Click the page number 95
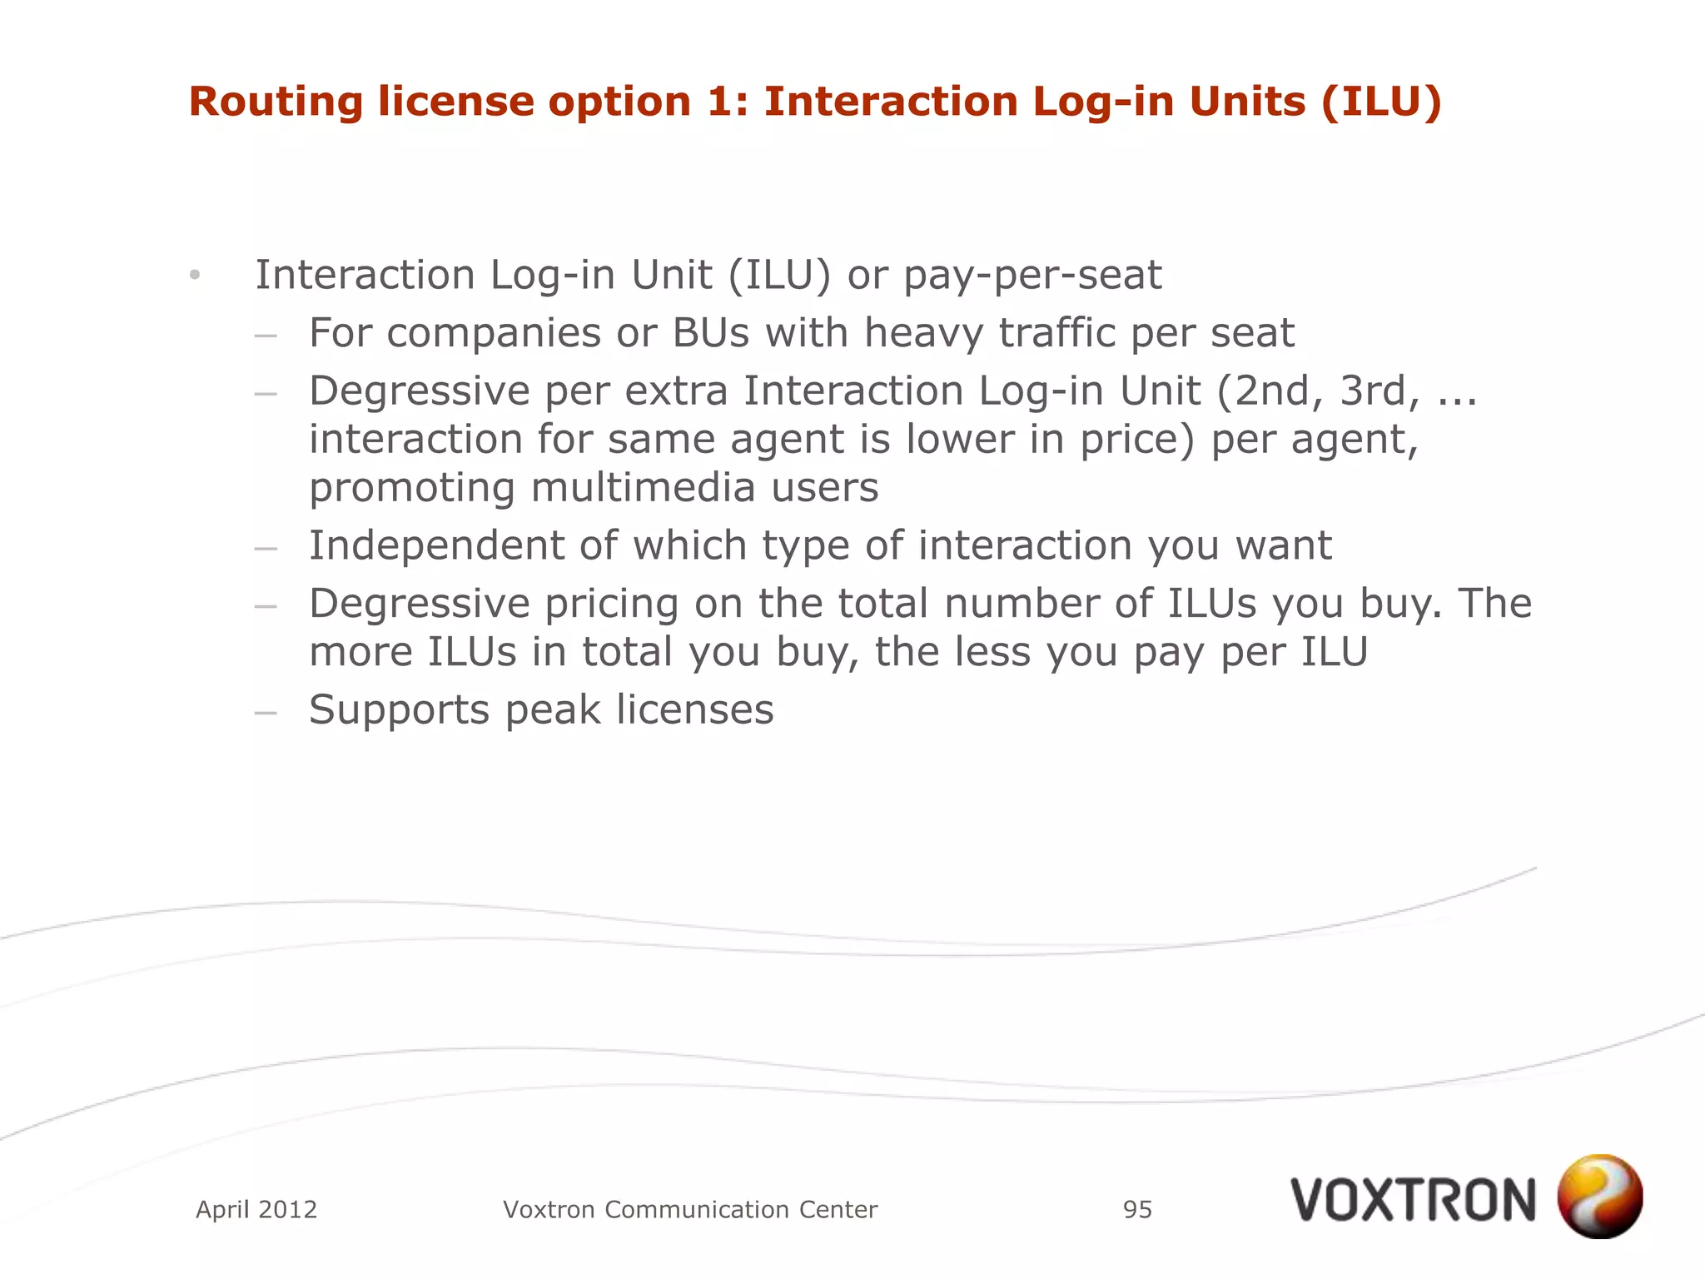(1137, 1209)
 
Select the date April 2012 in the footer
(256, 1209)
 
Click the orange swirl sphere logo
(1599, 1196)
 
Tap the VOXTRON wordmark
(1413, 1200)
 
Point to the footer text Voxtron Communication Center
(690, 1209)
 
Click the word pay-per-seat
(1032, 276)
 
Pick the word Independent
(436, 545)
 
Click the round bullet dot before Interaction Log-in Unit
(195, 276)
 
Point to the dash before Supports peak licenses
(266, 712)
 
